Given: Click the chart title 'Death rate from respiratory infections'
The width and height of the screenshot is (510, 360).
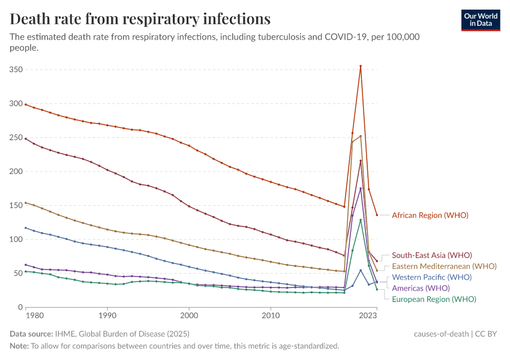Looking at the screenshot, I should click(x=140, y=19).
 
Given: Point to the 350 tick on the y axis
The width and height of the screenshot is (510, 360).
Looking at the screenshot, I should click(x=17, y=70).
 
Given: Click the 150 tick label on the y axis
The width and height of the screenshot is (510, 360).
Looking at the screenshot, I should click(x=17, y=205).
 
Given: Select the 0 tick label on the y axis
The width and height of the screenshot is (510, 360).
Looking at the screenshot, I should click(x=20, y=307).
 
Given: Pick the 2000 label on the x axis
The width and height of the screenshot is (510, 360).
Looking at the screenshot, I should click(x=189, y=314).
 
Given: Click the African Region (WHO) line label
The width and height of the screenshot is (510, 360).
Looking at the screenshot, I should click(x=430, y=215).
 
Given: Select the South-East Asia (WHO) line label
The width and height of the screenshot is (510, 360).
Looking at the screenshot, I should click(x=431, y=256).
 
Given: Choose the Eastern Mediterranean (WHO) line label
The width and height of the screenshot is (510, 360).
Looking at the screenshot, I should click(x=444, y=266).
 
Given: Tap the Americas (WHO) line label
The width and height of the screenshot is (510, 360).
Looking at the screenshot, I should click(x=421, y=289).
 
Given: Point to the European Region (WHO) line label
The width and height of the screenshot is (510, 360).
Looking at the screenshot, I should click(x=434, y=299).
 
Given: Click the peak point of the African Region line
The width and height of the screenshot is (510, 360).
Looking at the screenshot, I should click(x=361, y=66).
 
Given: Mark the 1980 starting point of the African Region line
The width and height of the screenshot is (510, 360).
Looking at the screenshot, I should click(x=26, y=104).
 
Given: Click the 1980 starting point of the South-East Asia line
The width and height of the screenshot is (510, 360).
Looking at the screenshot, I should click(x=26, y=139).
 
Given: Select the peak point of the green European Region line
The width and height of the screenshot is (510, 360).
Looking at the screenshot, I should click(x=361, y=220).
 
